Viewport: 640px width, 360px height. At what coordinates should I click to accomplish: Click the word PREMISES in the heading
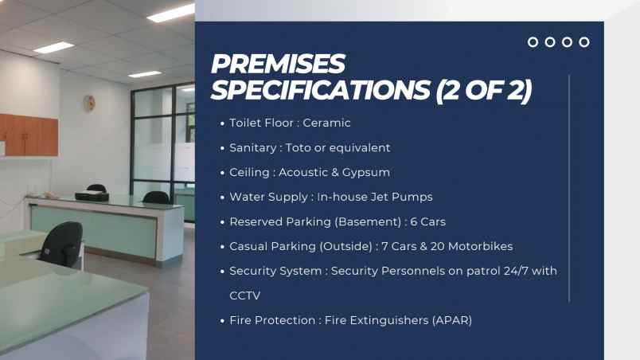(278, 64)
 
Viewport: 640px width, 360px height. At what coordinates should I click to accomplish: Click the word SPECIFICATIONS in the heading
(321, 90)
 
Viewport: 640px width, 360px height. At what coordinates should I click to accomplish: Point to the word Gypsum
(366, 173)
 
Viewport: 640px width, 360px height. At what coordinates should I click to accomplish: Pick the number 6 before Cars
(414, 221)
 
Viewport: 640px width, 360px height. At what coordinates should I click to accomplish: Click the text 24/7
(516, 271)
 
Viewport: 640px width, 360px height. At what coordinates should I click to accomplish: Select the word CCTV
(245, 296)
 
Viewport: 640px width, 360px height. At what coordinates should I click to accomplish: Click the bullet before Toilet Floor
(222, 123)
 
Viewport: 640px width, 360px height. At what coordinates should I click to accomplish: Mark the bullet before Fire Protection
(222, 321)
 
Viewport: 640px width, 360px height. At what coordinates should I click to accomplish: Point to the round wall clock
(89, 103)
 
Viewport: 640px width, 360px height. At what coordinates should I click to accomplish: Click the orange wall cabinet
(29, 135)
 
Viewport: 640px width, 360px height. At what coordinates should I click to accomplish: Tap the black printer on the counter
(92, 196)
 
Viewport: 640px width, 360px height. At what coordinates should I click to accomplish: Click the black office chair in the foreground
(61, 245)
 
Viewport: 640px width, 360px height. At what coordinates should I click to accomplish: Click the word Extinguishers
(389, 320)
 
